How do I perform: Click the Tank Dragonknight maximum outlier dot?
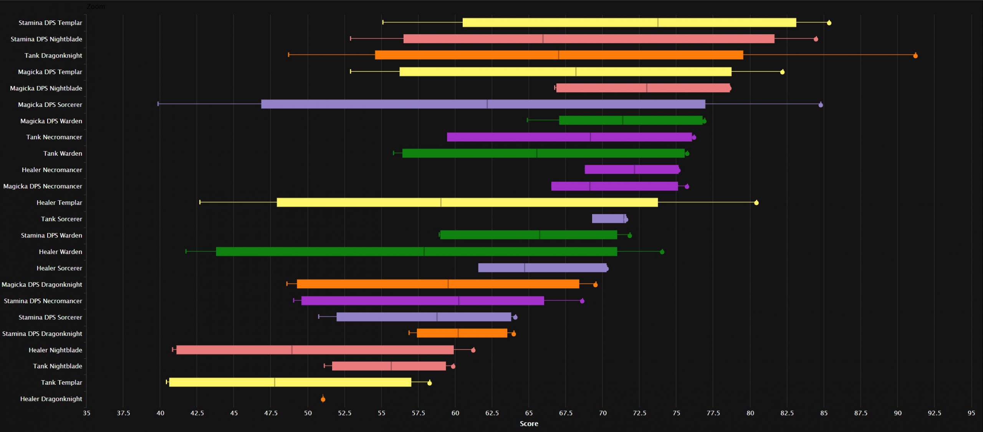915,56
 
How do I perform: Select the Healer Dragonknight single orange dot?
323,399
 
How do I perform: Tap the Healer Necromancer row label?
52,170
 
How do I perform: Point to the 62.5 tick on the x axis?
492,413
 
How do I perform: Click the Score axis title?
529,424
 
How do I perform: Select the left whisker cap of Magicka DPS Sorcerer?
158,104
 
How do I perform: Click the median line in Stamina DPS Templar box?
658,22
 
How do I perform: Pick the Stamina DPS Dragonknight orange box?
462,333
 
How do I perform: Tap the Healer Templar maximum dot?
756,203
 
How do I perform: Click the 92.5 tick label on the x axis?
934,413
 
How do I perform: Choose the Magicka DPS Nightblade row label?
46,88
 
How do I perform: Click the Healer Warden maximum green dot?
662,252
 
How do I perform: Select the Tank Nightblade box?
389,366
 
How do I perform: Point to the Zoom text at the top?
96,7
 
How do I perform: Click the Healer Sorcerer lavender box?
542,268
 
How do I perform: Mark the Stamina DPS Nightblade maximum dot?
816,39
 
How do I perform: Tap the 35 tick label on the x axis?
86,413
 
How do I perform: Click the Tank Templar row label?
61,382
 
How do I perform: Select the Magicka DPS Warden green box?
631,120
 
